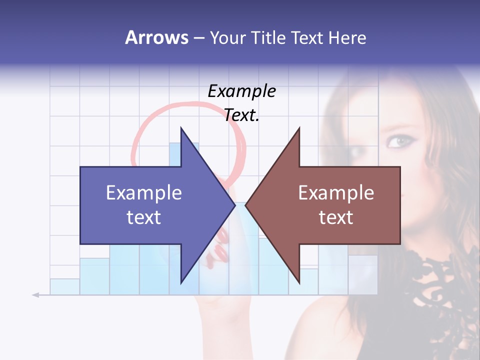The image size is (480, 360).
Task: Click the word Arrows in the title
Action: tap(156, 37)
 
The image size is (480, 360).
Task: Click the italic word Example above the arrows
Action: tap(241, 91)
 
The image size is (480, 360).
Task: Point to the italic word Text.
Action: tap(241, 115)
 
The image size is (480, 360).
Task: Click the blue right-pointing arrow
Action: tap(150, 205)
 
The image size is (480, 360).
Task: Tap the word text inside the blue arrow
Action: tap(143, 217)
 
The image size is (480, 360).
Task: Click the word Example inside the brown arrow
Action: tap(336, 193)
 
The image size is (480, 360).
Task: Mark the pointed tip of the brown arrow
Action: tap(246, 205)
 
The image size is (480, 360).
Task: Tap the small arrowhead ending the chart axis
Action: tap(35, 295)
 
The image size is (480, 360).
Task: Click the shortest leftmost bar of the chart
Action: tap(64, 286)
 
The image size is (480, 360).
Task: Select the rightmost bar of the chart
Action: tap(362, 274)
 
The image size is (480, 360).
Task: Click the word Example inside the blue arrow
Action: tap(143, 193)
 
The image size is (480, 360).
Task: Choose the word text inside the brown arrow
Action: tap(336, 217)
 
